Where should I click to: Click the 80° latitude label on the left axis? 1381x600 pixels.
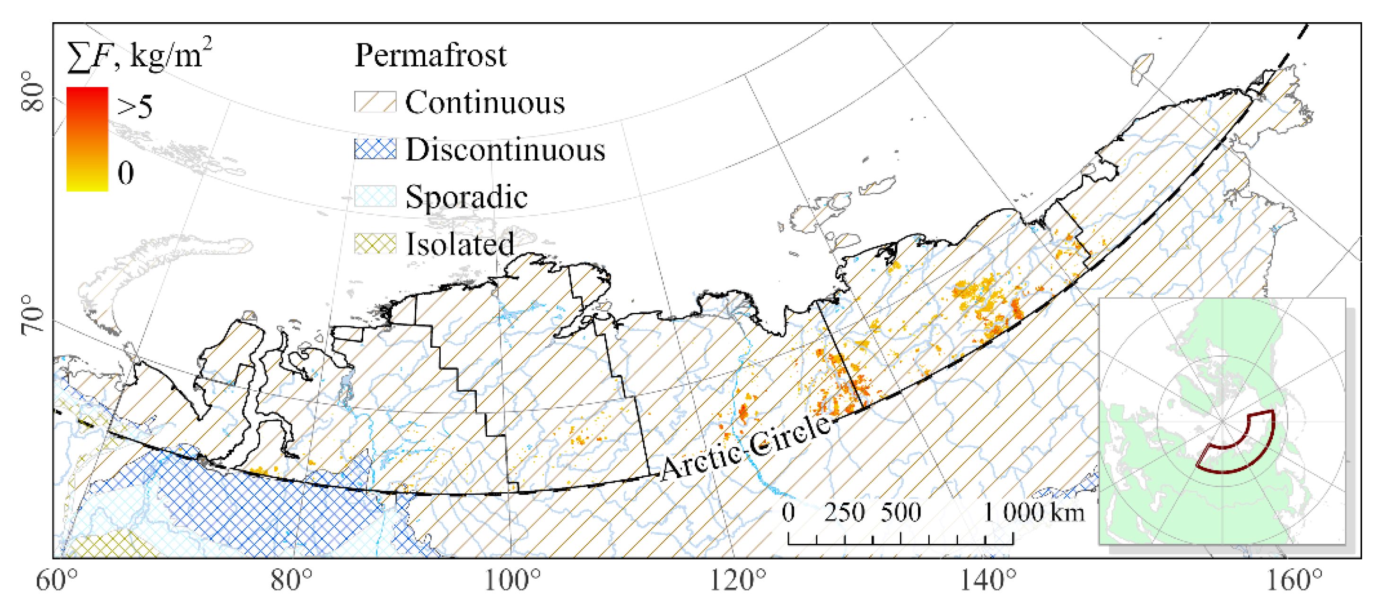[33, 92]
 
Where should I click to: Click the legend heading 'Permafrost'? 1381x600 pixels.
[430, 55]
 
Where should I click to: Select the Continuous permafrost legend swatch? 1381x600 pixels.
[375, 102]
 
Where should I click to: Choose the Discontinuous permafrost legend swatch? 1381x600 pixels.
[375, 149]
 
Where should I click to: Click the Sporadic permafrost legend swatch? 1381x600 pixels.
[375, 196]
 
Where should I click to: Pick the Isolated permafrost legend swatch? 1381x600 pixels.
[375, 244]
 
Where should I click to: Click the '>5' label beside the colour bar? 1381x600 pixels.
[135, 107]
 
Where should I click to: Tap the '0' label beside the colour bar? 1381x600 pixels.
[125, 173]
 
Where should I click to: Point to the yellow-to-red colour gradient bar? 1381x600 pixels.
[87, 139]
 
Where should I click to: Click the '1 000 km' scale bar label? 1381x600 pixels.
[1033, 513]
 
